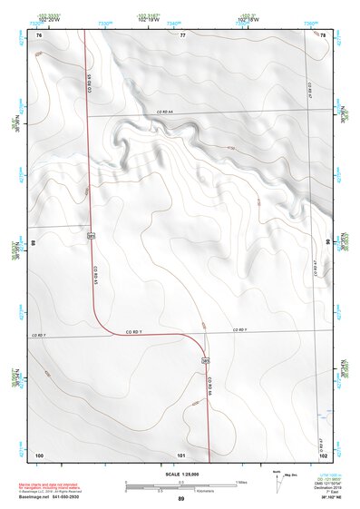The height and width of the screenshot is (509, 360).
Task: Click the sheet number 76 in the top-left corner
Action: pos(39,34)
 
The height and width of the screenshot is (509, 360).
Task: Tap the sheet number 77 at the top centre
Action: pos(182,34)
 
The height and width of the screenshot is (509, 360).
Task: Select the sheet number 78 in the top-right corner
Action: pos(322,34)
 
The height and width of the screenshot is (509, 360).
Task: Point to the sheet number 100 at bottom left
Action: pos(39,454)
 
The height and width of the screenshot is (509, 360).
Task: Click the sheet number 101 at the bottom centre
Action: pos(182,454)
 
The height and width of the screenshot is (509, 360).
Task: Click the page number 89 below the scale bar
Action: pos(180,499)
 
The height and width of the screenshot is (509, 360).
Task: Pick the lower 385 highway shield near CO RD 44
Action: pos(206,360)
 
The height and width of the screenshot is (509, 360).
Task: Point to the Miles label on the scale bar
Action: pos(241,481)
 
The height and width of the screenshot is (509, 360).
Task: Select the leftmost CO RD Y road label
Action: pos(38,336)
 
